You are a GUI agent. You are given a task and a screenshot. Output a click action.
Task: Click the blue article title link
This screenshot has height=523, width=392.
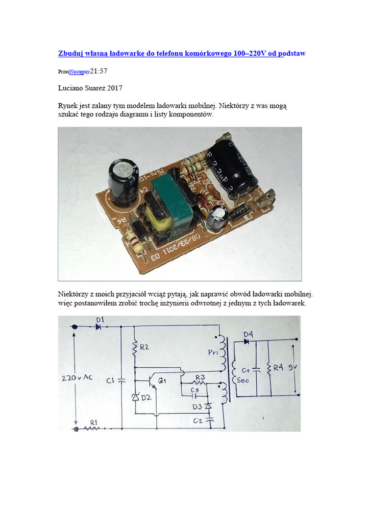click(x=182, y=53)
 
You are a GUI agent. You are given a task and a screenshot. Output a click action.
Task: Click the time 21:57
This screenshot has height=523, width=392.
click(x=99, y=72)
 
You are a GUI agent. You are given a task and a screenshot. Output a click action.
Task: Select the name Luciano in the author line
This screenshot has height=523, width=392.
click(x=72, y=87)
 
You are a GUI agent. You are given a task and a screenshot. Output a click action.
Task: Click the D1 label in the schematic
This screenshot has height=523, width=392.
click(x=100, y=320)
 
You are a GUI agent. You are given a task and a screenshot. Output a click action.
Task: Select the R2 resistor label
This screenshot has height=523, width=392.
click(x=144, y=347)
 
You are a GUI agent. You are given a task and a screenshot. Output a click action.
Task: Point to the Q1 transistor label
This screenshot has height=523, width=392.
click(x=162, y=381)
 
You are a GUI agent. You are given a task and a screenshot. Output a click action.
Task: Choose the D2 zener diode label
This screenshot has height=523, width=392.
click(x=146, y=397)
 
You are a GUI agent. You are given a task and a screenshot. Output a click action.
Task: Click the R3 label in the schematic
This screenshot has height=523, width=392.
click(x=200, y=377)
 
